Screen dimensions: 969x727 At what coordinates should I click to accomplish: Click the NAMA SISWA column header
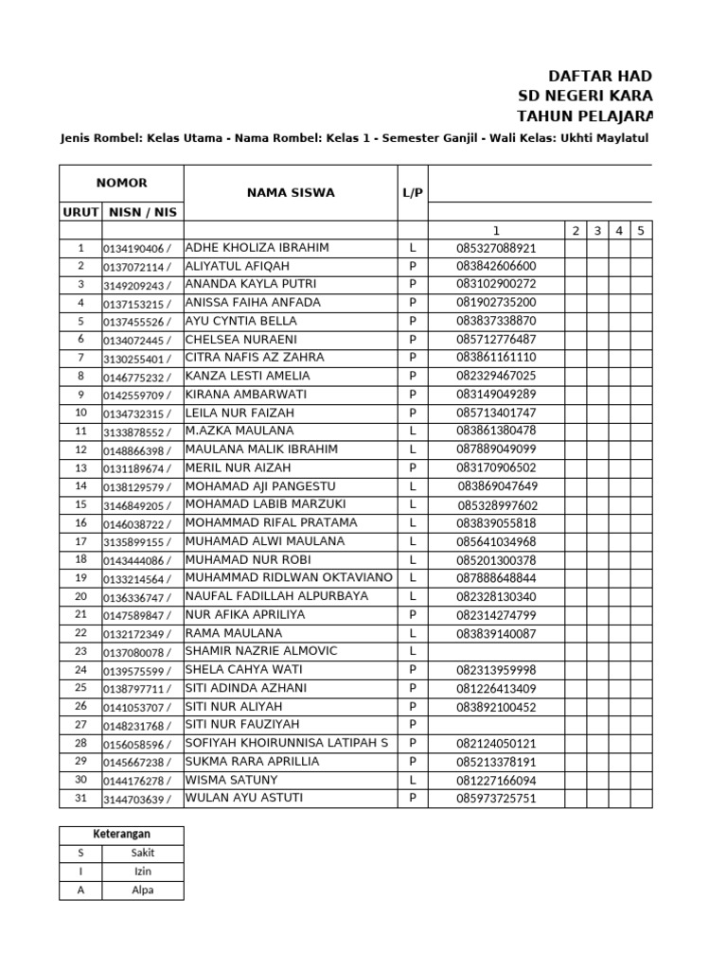point(290,193)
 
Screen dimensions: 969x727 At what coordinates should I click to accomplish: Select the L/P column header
point(413,193)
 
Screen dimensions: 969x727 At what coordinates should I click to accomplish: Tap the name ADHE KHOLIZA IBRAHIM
point(257,248)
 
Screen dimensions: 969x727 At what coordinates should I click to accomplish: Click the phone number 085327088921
point(496,249)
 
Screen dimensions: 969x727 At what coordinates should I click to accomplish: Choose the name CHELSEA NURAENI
point(241,340)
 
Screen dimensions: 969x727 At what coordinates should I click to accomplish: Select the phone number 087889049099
point(496,449)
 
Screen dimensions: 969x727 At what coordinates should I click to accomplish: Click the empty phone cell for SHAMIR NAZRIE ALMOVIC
point(496,652)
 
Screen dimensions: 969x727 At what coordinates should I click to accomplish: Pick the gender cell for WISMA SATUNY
point(413,781)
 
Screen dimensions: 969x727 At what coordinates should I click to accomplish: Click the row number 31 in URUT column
point(80,799)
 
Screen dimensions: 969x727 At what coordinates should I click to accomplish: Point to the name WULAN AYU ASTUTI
point(245,799)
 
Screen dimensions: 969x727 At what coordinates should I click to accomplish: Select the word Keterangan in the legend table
point(121,835)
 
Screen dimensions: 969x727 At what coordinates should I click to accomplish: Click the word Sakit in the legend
point(143,854)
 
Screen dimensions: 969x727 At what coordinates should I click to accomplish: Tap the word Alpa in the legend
point(143,890)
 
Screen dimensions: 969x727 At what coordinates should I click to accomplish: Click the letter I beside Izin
point(80,872)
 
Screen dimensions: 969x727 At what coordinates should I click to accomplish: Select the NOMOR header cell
point(121,184)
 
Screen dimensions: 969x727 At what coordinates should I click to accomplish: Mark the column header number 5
point(641,230)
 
